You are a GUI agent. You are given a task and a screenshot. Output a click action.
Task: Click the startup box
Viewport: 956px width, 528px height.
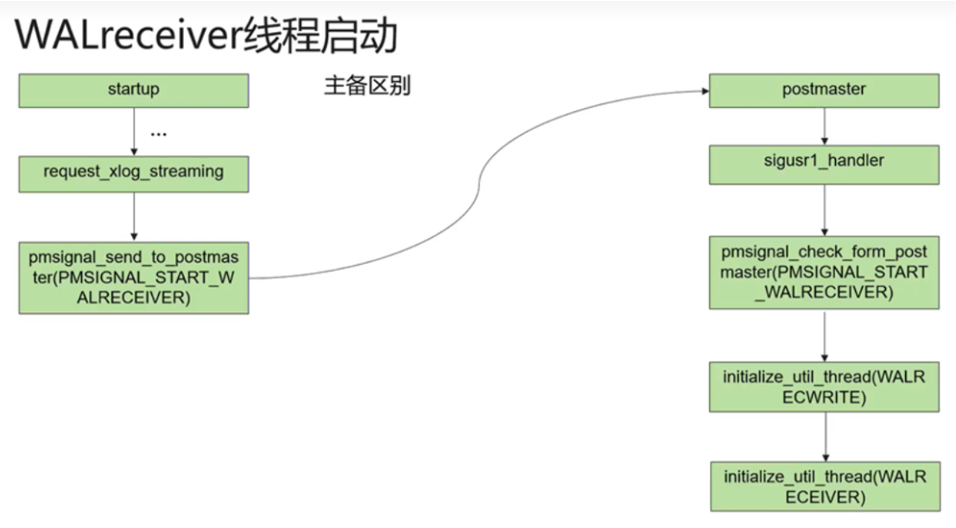pyautogui.click(x=134, y=90)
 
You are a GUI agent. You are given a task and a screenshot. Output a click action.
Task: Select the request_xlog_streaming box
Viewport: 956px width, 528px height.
pyautogui.click(x=134, y=173)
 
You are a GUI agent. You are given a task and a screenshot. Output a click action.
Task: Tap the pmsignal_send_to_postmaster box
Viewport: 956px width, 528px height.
pyautogui.click(x=134, y=278)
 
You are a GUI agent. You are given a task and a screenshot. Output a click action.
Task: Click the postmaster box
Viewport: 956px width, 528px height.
pyautogui.click(x=823, y=90)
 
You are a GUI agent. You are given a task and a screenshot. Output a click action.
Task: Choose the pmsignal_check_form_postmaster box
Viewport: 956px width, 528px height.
pyautogui.click(x=823, y=272)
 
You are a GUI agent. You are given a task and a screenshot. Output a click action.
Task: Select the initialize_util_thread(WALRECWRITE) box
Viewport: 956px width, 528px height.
pyautogui.click(x=823, y=387)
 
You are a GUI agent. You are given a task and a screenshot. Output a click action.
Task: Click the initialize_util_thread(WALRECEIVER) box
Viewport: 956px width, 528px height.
pyautogui.click(x=823, y=487)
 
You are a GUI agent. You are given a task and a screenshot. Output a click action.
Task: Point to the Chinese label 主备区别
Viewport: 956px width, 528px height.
pyautogui.click(x=367, y=87)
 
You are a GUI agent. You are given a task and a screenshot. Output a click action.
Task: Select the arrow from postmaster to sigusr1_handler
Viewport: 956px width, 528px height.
pyautogui.click(x=824, y=125)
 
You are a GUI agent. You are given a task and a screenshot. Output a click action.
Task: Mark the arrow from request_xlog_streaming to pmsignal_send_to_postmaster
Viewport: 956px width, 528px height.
pyautogui.click(x=134, y=216)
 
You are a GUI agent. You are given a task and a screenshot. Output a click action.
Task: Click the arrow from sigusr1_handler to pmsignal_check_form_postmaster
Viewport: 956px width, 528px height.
pyautogui.click(x=824, y=209)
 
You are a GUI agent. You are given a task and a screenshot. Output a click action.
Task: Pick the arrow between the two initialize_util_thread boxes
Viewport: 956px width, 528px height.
pyautogui.click(x=824, y=437)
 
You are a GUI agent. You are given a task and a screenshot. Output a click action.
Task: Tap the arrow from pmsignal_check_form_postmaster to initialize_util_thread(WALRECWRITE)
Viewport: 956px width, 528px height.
pyautogui.click(x=824, y=336)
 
